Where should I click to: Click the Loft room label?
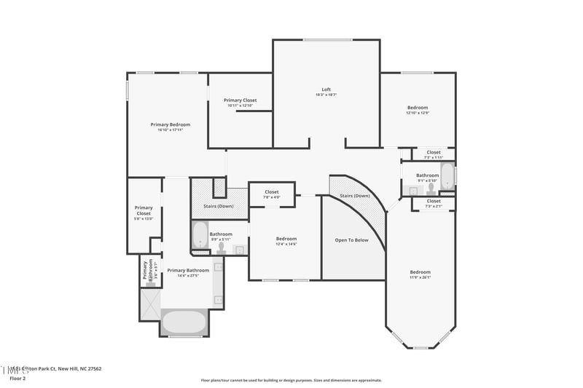(x=326, y=90)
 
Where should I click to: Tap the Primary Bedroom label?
(x=170, y=124)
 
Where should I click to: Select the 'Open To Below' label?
(x=351, y=239)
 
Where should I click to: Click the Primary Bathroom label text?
(x=188, y=270)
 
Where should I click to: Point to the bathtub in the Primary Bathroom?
(x=184, y=322)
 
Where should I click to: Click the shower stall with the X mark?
(x=149, y=304)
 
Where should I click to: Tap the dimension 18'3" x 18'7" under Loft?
(x=326, y=95)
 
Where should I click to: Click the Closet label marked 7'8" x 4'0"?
(x=272, y=193)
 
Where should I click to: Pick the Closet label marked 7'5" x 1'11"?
(x=434, y=152)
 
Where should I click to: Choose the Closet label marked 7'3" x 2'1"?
(x=434, y=201)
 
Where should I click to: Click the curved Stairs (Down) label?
(x=356, y=196)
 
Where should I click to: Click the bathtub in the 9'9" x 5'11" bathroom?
(x=200, y=234)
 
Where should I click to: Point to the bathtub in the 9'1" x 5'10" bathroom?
(x=447, y=177)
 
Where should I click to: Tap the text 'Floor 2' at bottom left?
(x=17, y=379)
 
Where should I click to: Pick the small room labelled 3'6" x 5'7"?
(x=149, y=272)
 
